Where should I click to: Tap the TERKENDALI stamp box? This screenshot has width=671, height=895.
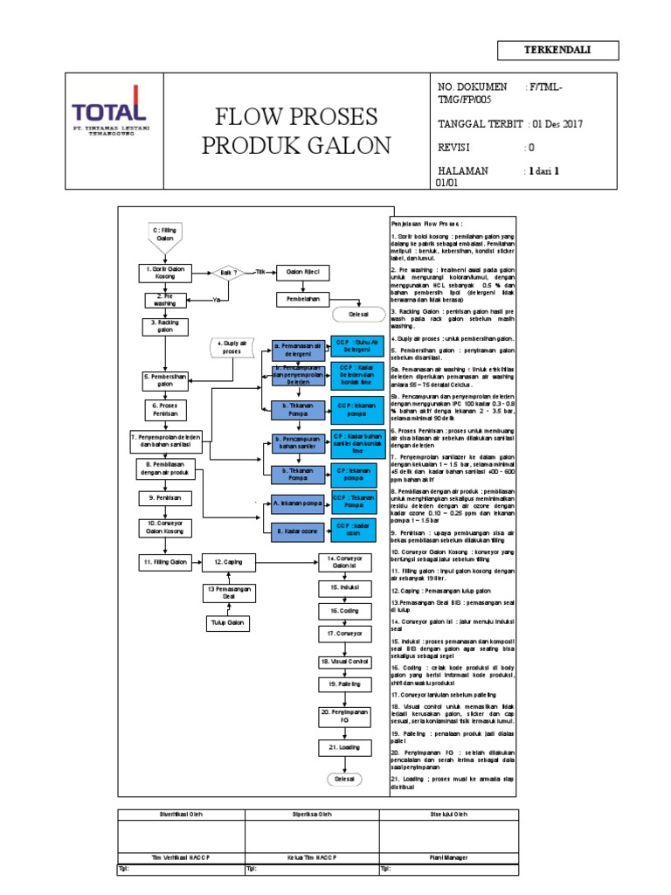(557, 50)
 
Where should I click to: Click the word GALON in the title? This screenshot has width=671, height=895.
(346, 145)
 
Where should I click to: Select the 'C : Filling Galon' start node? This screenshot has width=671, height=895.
(166, 232)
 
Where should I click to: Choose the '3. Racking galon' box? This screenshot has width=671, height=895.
(166, 326)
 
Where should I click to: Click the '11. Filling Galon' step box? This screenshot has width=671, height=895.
(166, 561)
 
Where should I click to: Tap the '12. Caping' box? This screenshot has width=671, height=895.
(232, 561)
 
